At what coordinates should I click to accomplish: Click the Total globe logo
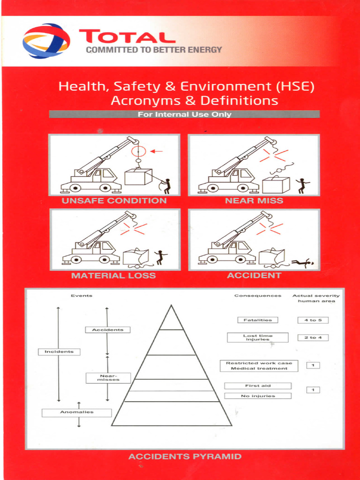(x=46, y=41)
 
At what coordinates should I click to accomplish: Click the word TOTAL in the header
(x=127, y=37)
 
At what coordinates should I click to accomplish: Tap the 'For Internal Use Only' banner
(x=184, y=114)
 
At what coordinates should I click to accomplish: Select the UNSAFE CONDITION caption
(x=114, y=201)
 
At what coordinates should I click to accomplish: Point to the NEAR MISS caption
(x=254, y=201)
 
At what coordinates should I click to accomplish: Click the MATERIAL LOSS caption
(x=113, y=276)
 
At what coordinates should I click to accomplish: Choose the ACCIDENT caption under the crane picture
(x=254, y=276)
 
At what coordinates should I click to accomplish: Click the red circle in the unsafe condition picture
(x=139, y=151)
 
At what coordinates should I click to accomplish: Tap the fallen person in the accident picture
(x=302, y=263)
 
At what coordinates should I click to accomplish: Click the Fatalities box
(x=257, y=320)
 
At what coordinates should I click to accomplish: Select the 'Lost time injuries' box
(x=257, y=337)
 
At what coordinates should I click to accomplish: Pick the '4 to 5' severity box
(x=313, y=320)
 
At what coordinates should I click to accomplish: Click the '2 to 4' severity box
(x=313, y=337)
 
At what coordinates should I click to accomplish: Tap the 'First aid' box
(x=257, y=386)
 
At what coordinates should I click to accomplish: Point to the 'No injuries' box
(x=257, y=396)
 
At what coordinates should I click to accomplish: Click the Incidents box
(x=59, y=352)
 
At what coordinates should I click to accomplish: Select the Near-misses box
(x=108, y=377)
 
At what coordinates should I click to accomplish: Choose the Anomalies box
(x=77, y=412)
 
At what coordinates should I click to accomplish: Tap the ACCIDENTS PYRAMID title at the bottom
(x=185, y=456)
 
